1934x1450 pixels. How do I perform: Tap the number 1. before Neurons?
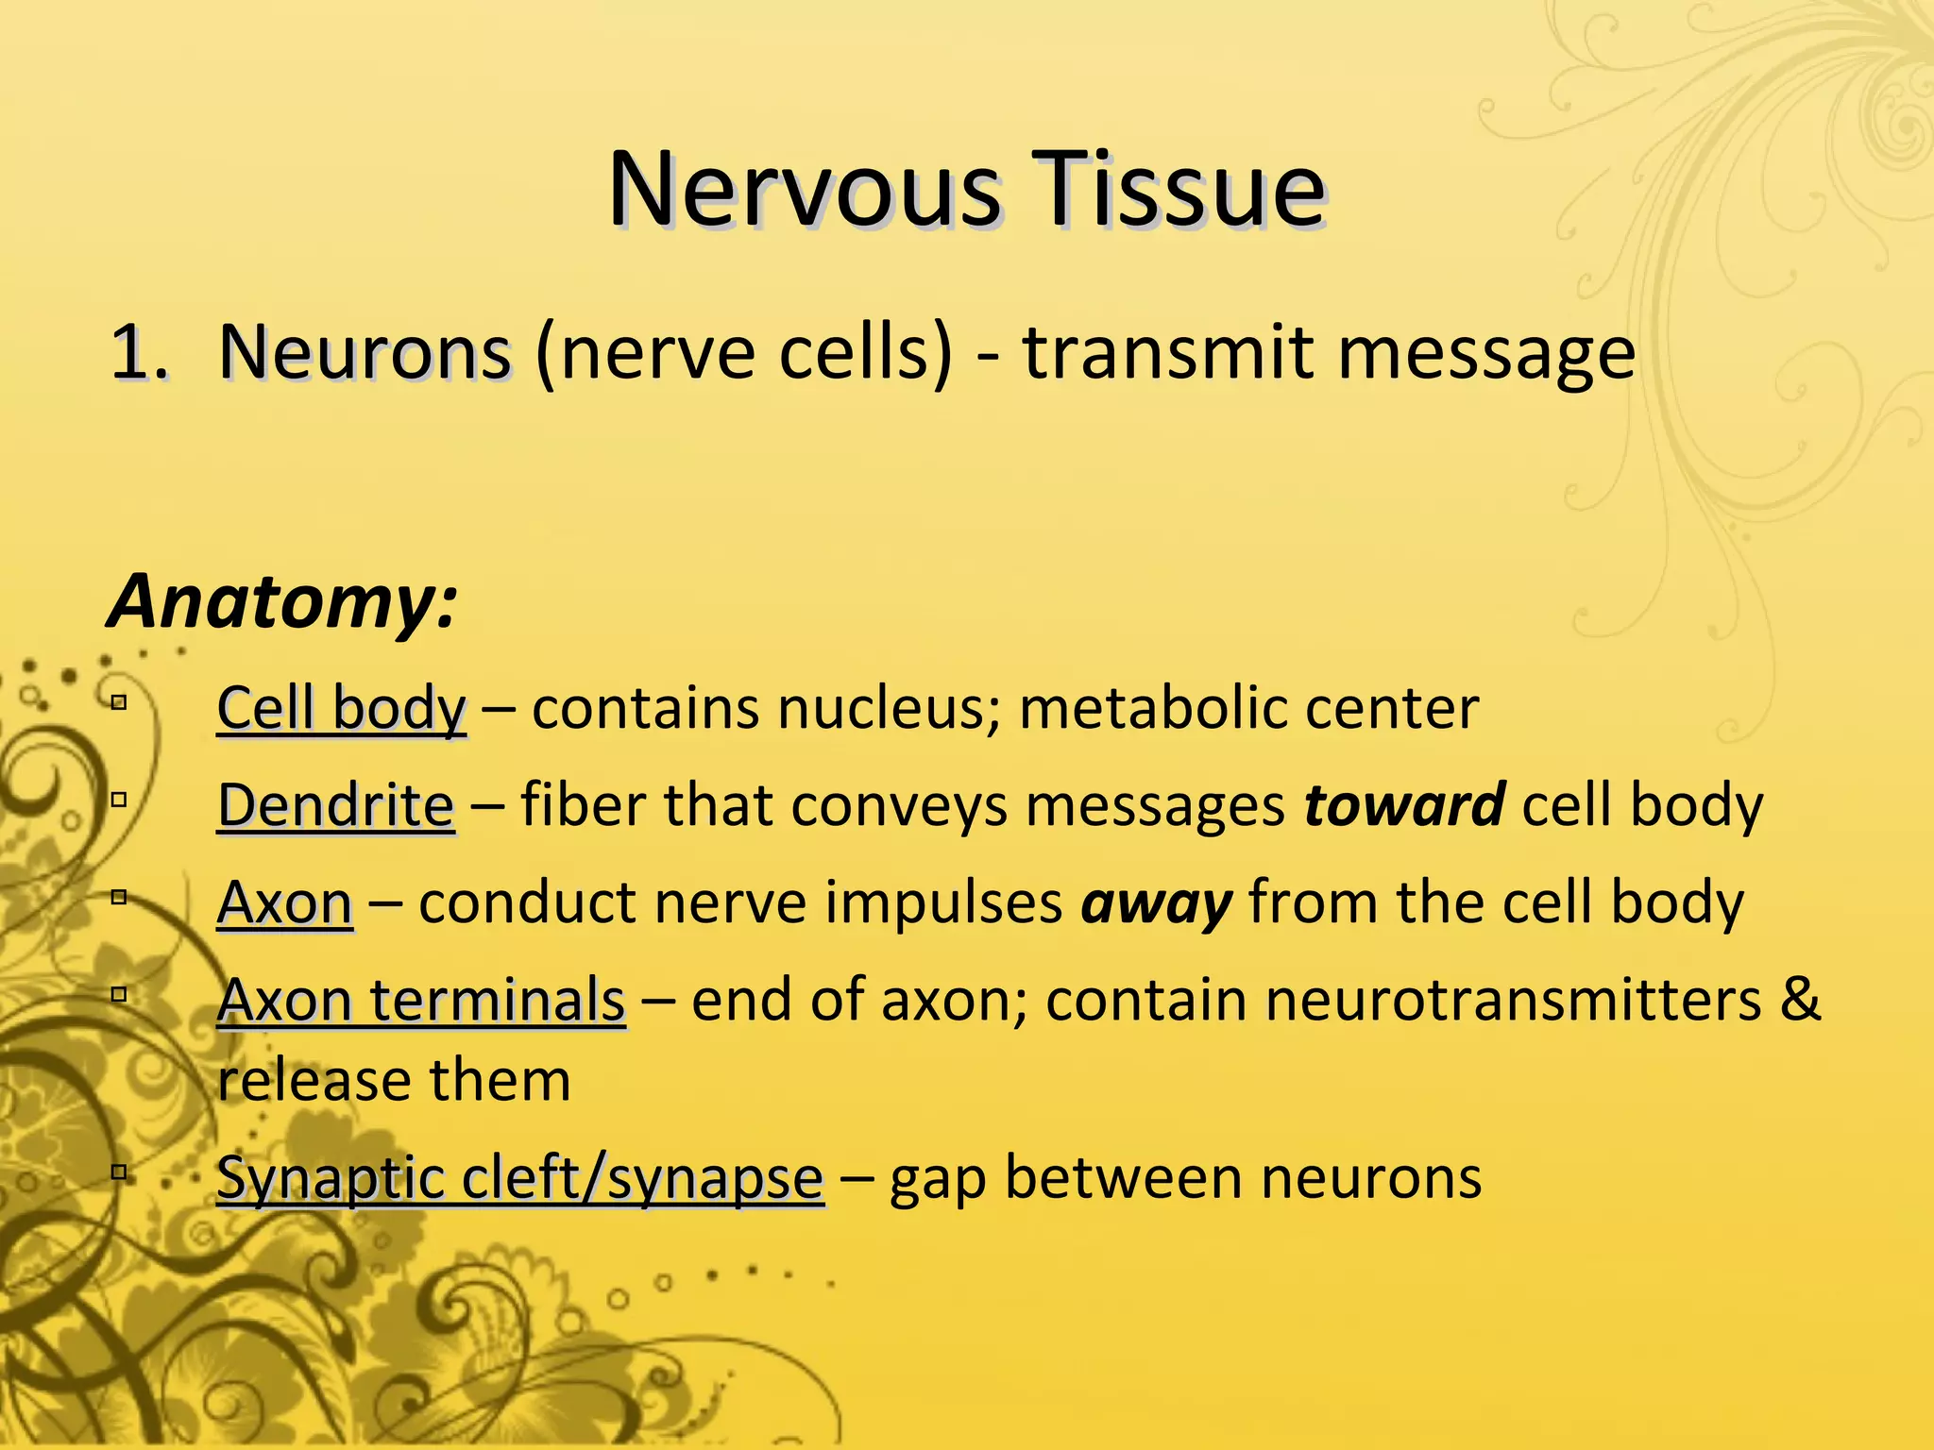(x=140, y=353)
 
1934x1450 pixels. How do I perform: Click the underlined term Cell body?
(x=341, y=708)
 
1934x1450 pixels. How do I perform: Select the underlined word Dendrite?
(x=336, y=805)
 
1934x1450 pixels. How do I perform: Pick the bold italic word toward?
(x=1404, y=805)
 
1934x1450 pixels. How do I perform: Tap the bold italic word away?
(x=1157, y=902)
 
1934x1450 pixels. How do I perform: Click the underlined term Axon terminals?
(x=420, y=1000)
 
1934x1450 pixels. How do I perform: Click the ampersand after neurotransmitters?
(x=1800, y=1000)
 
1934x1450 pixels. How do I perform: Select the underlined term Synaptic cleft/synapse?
(x=519, y=1179)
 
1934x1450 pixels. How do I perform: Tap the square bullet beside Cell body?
(x=119, y=702)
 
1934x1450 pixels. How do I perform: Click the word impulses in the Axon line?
(x=943, y=902)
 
